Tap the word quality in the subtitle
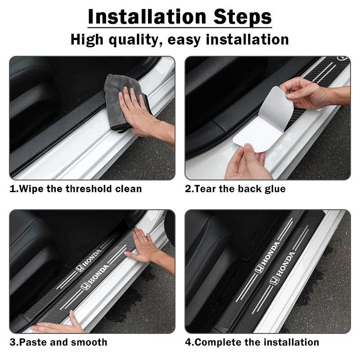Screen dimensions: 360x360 (x=135, y=40)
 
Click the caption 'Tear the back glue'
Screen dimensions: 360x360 (x=235, y=189)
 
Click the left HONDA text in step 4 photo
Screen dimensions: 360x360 (x=268, y=256)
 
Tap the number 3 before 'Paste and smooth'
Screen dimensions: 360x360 (x=12, y=342)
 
